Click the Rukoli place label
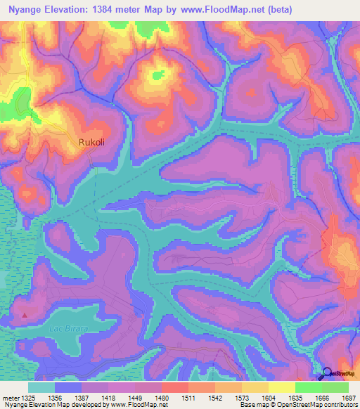[92, 142]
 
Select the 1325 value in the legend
[28, 397]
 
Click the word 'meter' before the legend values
[11, 397]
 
